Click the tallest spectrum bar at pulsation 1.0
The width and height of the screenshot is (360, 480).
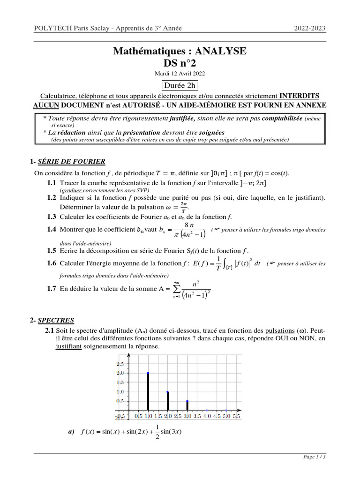[x=148, y=392]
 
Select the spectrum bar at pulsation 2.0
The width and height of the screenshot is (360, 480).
[x=167, y=401]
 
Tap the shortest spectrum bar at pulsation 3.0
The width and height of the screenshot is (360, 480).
[x=187, y=405]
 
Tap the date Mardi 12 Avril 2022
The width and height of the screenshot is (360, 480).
[x=180, y=74]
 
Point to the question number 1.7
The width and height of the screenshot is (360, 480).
[x=51, y=289]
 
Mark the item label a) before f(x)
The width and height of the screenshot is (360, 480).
[x=72, y=432]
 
